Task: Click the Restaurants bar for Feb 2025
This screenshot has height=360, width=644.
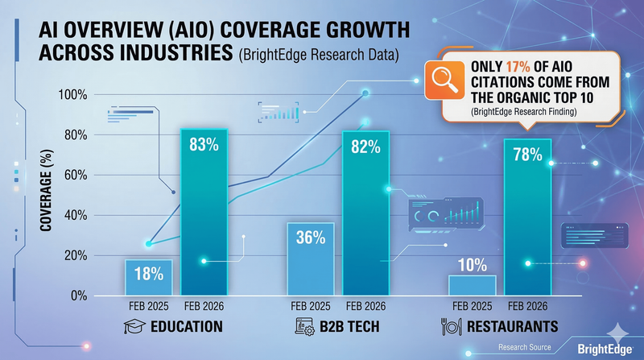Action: [472, 286]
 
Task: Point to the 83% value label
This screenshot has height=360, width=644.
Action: [204, 145]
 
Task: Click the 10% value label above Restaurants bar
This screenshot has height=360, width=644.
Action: [472, 263]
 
